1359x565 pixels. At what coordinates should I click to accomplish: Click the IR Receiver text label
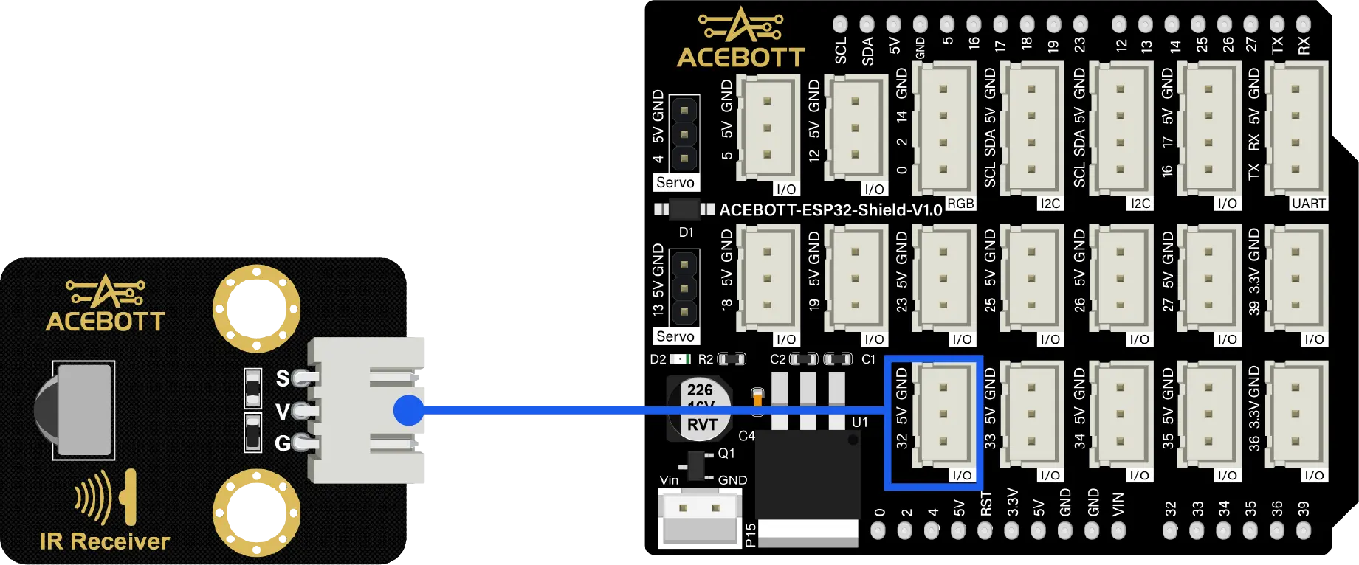104,541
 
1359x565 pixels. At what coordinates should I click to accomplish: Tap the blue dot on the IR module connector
408,410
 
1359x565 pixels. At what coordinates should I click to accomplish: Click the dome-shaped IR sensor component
74,409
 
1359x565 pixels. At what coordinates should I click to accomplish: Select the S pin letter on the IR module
282,378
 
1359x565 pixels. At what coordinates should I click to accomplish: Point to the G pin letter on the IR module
282,443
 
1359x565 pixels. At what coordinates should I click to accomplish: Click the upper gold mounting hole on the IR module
256,308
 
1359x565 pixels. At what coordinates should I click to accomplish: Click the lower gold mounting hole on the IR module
256,513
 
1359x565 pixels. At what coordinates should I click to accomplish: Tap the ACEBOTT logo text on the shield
740,57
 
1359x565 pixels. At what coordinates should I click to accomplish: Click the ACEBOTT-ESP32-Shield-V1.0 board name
830,210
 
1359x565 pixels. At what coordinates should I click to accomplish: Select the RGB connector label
960,204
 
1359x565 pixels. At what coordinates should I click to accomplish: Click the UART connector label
1308,204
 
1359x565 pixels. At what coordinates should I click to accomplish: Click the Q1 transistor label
726,453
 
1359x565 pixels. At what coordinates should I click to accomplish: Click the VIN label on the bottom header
1118,504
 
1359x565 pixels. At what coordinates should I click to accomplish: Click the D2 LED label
658,359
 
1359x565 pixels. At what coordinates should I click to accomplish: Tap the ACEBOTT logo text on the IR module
105,322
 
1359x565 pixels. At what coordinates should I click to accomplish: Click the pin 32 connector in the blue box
943,415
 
